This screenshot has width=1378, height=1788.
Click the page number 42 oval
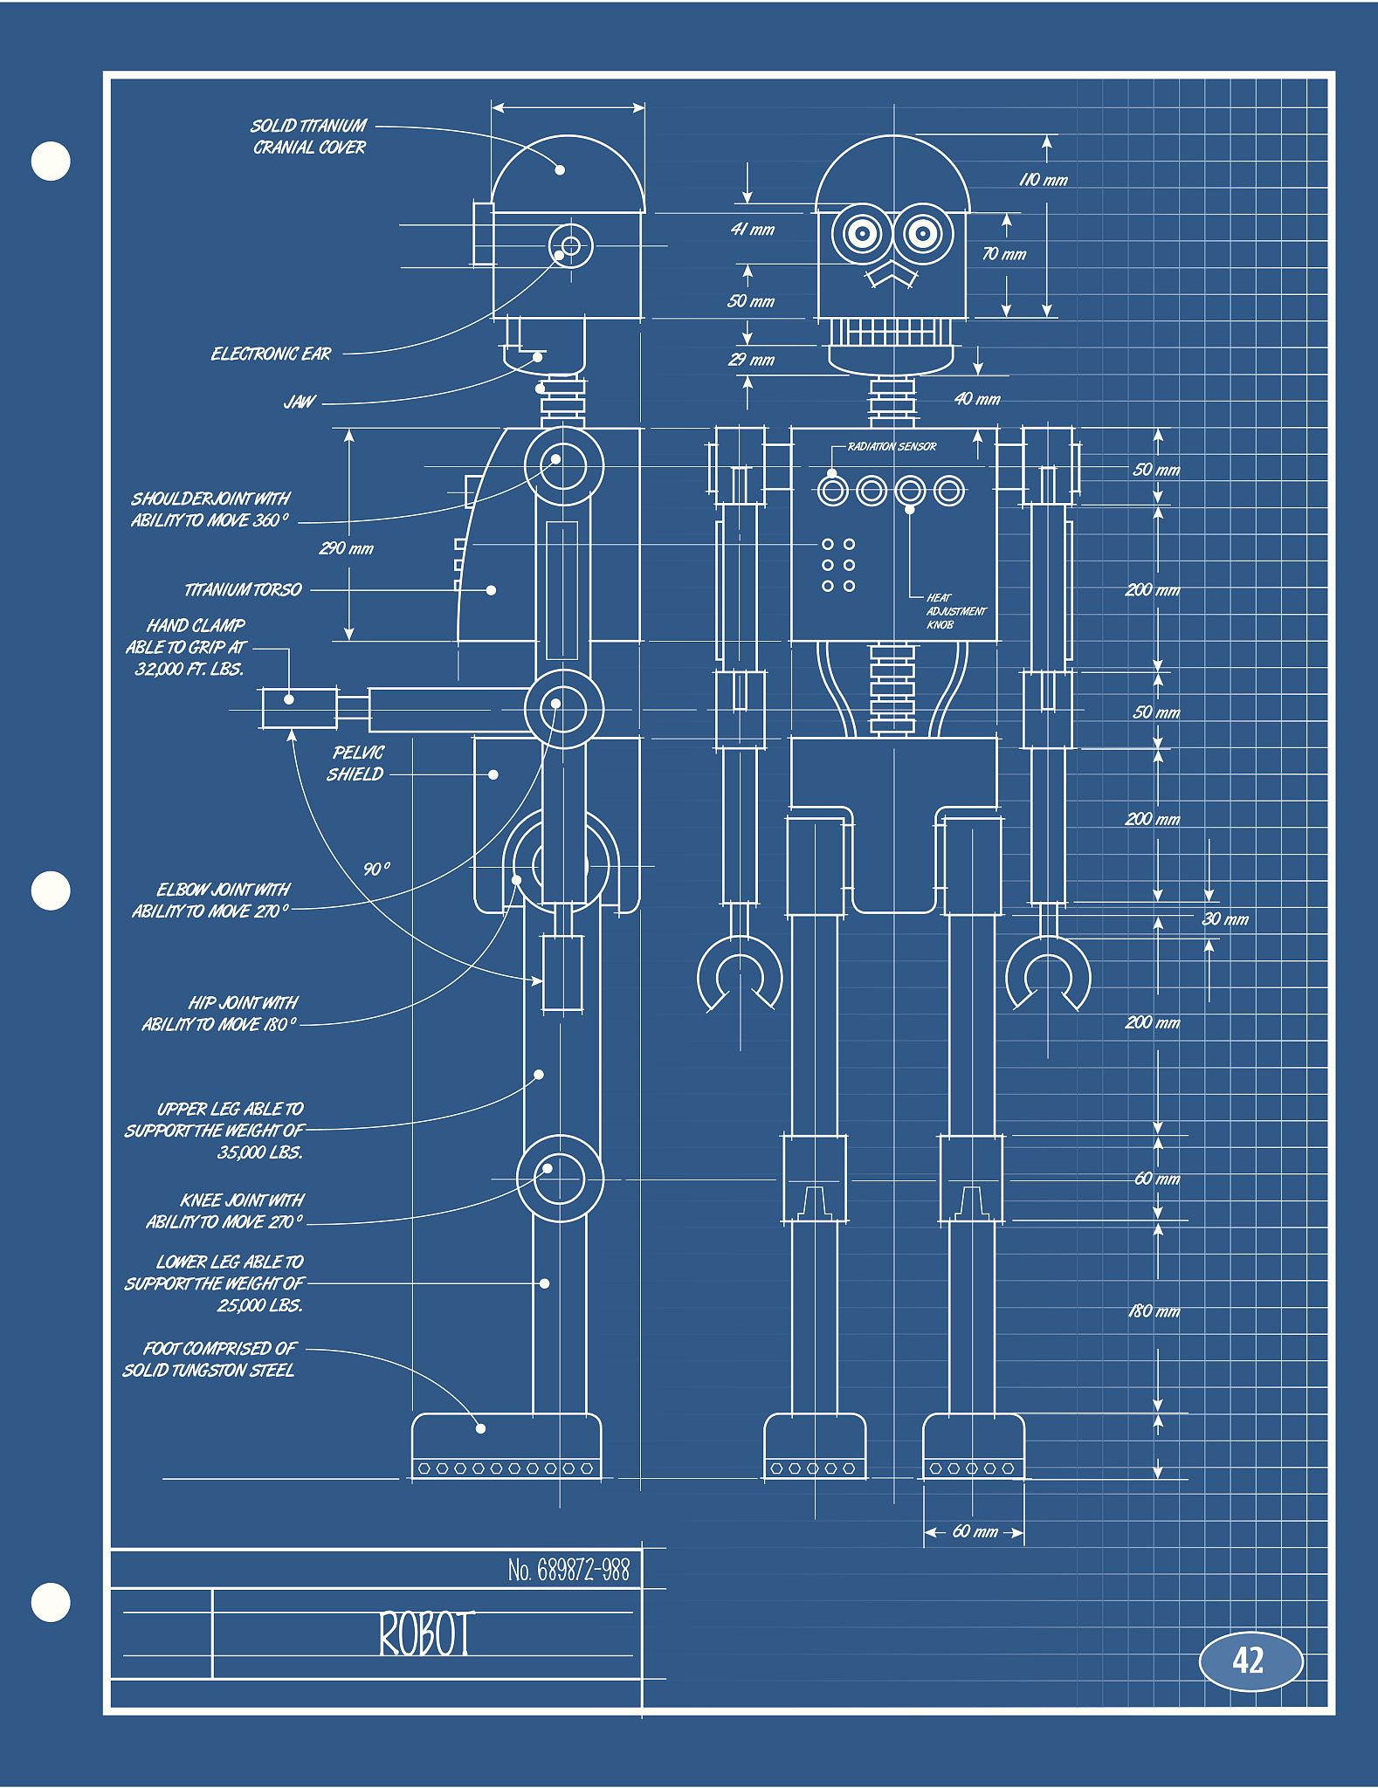click(1250, 1661)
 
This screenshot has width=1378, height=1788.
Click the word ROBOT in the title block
click(426, 1634)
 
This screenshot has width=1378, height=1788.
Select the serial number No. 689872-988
click(568, 1571)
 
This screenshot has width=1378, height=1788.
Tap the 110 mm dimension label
click(1044, 180)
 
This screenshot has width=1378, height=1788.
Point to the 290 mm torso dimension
click(346, 548)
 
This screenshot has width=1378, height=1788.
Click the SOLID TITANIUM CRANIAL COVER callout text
click(309, 136)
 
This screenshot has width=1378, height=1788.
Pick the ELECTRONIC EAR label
click(271, 354)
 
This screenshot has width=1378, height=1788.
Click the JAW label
click(299, 402)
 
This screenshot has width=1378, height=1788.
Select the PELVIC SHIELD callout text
click(356, 763)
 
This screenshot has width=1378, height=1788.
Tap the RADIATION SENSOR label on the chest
click(892, 446)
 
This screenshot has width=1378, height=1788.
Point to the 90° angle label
click(376, 870)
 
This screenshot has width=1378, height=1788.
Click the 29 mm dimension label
click(752, 360)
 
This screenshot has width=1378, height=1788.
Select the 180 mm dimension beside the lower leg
click(1154, 1311)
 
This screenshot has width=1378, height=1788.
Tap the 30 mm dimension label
click(1225, 918)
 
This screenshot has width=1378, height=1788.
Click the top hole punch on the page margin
click(51, 162)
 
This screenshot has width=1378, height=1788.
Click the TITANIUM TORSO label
click(243, 590)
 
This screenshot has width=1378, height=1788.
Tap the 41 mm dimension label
click(753, 230)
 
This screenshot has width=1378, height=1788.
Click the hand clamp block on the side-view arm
click(299, 708)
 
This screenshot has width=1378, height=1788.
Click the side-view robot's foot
click(506, 1447)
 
